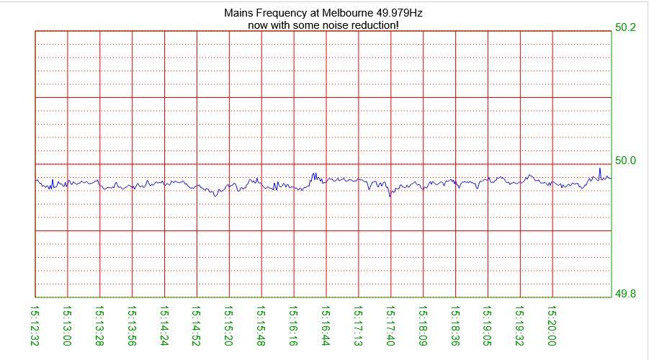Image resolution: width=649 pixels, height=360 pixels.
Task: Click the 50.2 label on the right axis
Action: (x=625, y=27)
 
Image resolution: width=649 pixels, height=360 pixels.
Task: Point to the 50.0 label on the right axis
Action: (x=625, y=161)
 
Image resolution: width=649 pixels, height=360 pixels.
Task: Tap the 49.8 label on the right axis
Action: (x=625, y=294)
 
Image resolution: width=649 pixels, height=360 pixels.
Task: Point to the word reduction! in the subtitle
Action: (x=372, y=25)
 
